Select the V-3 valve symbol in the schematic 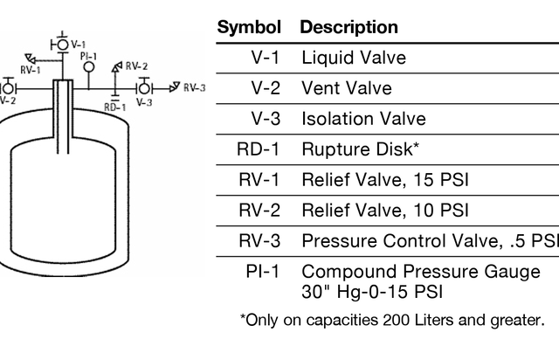tap(144, 87)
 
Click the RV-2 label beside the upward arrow tap(137, 66)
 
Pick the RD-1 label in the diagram tap(114, 107)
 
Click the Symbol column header tap(249, 27)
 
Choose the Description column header tap(349, 27)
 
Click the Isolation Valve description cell tap(363, 119)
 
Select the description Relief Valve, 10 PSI tap(385, 211)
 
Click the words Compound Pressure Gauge tap(421, 272)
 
